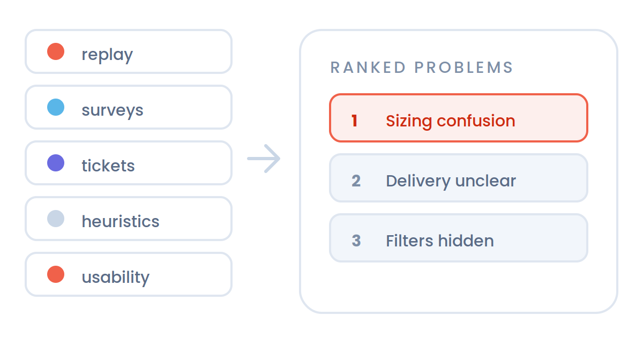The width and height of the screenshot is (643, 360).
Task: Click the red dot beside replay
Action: click(56, 51)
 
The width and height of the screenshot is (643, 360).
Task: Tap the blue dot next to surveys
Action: click(56, 107)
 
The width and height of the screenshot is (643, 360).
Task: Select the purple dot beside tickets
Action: click(56, 163)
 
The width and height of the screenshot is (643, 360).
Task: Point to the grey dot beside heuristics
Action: click(56, 219)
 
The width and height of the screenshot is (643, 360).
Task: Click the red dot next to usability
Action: click(56, 274)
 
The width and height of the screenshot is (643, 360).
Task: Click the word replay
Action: click(107, 55)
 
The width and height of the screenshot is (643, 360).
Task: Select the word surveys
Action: click(113, 110)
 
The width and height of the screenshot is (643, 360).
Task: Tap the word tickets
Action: click(108, 165)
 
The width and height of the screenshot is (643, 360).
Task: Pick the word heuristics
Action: click(121, 221)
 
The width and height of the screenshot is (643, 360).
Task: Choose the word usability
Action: click(116, 277)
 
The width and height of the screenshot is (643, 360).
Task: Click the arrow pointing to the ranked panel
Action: click(264, 159)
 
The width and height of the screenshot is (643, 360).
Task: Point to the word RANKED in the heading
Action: click(368, 67)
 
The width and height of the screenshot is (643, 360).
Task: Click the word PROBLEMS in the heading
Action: click(463, 67)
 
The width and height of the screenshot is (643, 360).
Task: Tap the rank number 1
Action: click(355, 121)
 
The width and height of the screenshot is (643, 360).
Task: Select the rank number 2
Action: click(356, 181)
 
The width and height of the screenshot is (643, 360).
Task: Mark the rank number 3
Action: click(356, 241)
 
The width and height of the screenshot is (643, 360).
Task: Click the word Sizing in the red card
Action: click(409, 122)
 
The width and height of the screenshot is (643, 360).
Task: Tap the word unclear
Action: click(485, 181)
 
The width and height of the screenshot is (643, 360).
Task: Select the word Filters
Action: click(409, 241)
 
